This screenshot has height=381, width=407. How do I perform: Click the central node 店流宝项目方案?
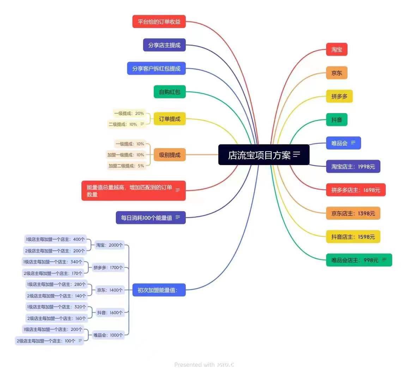pyautogui.click(x=264, y=155)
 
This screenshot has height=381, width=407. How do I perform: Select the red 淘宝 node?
pyautogui.click(x=337, y=49)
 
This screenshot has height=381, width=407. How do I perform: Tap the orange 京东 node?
pyautogui.click(x=337, y=73)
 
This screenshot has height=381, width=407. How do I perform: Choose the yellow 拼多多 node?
pyautogui.click(x=339, y=96)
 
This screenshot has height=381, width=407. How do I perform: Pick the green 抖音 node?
pyautogui.click(x=337, y=120)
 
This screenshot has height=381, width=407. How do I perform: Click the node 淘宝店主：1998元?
pyautogui.click(x=353, y=167)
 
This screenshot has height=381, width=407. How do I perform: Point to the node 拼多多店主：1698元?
pyautogui.click(x=356, y=190)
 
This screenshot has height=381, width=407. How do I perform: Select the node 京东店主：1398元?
pyautogui.click(x=353, y=213)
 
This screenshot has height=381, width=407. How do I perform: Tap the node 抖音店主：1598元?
pyautogui.click(x=353, y=237)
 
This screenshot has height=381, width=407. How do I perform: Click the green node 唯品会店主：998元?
pyautogui.click(x=359, y=260)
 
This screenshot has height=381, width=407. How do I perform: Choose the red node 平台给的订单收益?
pyautogui.click(x=159, y=22)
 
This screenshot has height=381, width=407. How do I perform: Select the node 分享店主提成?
pyautogui.click(x=164, y=45)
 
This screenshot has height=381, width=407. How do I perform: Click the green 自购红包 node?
pyautogui.click(x=170, y=92)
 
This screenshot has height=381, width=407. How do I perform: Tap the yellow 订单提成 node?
pyautogui.click(x=170, y=119)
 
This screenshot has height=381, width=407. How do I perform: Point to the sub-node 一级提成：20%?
pyautogui.click(x=129, y=113)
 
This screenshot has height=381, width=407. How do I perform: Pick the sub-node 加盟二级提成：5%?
pyautogui.click(x=126, y=166)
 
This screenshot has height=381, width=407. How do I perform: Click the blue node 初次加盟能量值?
pyautogui.click(x=159, y=290)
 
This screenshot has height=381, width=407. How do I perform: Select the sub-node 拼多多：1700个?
pyautogui.click(x=108, y=267)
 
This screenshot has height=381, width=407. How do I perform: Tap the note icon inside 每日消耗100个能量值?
pyautogui.click(x=178, y=217)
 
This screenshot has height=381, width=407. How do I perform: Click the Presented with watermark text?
pyautogui.click(x=194, y=365)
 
